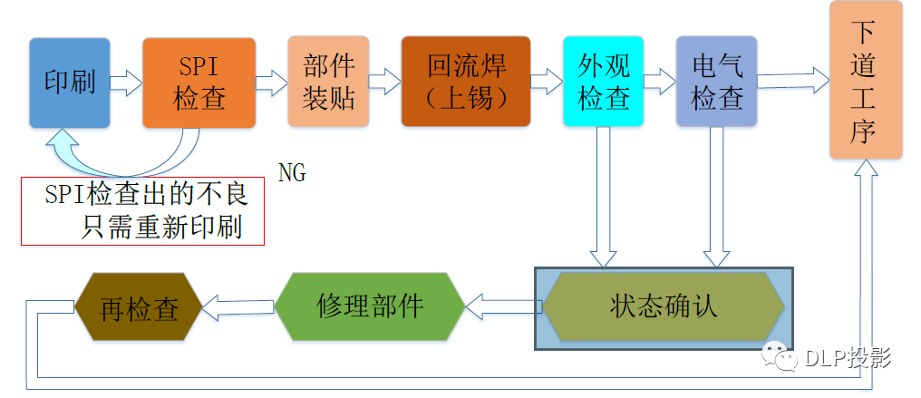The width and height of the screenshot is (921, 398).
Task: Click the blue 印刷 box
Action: pyautogui.click(x=70, y=83)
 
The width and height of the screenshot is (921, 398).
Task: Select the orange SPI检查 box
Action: pyautogui.click(x=199, y=83)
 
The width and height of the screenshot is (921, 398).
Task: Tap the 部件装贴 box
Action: pyautogui.click(x=328, y=82)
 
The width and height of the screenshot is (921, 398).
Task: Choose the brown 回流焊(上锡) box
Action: pyautogui.click(x=465, y=82)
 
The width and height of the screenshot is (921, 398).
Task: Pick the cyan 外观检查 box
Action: pyautogui.click(x=603, y=82)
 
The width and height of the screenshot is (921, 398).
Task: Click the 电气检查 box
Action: pyautogui.click(x=716, y=82)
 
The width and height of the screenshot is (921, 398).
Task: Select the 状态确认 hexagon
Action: pyautogui.click(x=663, y=306)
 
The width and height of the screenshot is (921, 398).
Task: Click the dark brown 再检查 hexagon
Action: pyautogui.click(x=138, y=310)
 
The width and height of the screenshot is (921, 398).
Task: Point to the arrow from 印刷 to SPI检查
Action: pyautogui.click(x=126, y=83)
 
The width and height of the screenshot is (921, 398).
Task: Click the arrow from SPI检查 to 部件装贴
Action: pyautogui.click(x=271, y=83)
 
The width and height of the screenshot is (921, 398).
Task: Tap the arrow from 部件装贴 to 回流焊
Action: pyautogui.click(x=384, y=83)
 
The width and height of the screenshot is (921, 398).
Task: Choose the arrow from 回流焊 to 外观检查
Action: pyautogui.click(x=546, y=83)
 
